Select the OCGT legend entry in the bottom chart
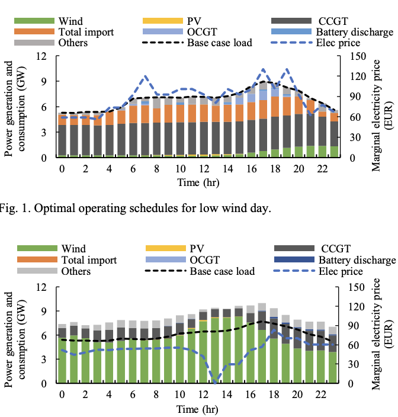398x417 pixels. [x=210, y=260]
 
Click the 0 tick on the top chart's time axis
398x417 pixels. [x=62, y=169]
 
